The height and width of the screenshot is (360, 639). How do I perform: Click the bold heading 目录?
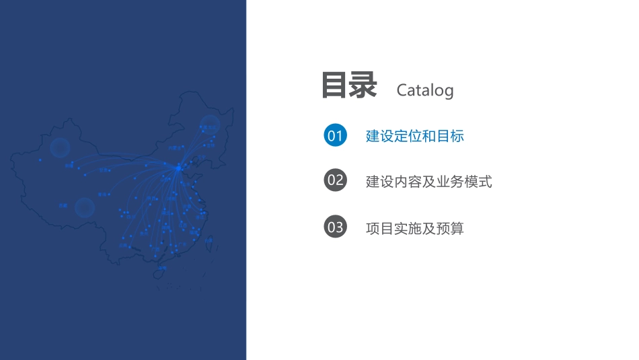click(349, 85)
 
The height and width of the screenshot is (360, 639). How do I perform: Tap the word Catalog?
click(425, 90)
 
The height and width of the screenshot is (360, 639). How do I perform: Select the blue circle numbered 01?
click(335, 135)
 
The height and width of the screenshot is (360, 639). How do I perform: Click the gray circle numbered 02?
click(335, 180)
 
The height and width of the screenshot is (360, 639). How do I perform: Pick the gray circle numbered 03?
click(335, 227)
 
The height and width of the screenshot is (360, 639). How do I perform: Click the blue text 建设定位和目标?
click(414, 136)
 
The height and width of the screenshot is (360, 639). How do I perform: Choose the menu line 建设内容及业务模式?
click(428, 181)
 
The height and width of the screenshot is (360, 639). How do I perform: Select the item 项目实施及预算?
click(414, 228)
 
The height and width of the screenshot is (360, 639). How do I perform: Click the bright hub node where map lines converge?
click(178, 168)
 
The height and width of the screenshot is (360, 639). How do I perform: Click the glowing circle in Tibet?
click(84, 207)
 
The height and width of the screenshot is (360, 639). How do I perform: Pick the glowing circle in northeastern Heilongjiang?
click(209, 125)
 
